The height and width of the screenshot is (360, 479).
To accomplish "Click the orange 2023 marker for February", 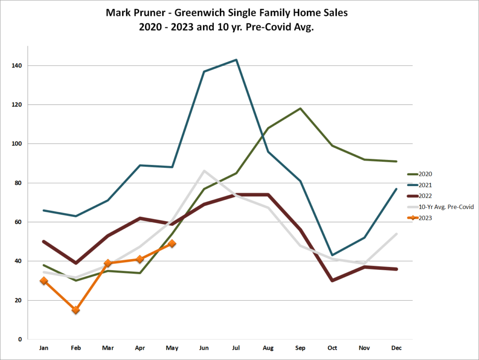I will click(x=76, y=310).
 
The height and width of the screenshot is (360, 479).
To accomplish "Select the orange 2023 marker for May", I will click(x=172, y=243).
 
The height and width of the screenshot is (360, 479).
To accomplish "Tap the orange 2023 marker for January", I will click(x=44, y=281).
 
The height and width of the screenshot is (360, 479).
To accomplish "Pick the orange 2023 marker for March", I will click(x=108, y=263).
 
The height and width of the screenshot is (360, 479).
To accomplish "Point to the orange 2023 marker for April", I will click(x=140, y=259).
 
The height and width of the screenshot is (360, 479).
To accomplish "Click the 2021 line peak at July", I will click(x=236, y=60).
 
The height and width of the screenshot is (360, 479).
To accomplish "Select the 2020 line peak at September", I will click(x=300, y=108).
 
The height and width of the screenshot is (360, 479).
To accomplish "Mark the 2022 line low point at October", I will click(x=332, y=281).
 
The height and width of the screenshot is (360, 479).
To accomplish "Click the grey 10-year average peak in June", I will click(x=204, y=171).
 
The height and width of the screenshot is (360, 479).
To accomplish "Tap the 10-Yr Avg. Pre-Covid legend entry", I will click(x=447, y=207).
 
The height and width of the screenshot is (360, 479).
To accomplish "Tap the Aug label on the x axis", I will click(x=268, y=348).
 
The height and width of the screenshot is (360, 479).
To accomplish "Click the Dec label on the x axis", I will click(x=396, y=348).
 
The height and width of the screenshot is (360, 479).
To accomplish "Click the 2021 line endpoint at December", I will click(x=397, y=189).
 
